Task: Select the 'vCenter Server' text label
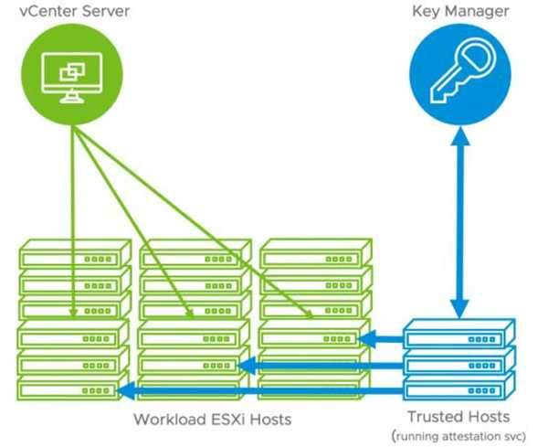pyautogui.click(x=72, y=12)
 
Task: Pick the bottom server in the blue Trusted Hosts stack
pyautogui.click(x=459, y=386)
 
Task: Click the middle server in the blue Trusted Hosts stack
pyautogui.click(x=459, y=360)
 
